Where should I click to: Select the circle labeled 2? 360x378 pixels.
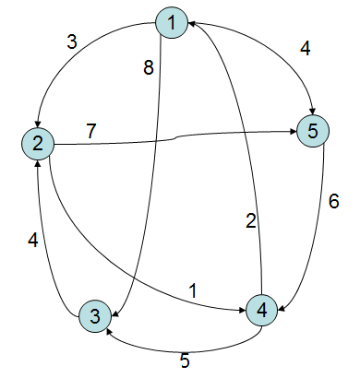pyautogui.click(x=37, y=143)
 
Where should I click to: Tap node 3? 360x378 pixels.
pyautogui.click(x=95, y=316)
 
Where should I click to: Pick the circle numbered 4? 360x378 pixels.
pyautogui.click(x=262, y=310)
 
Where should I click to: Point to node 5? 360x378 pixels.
pyautogui.click(x=313, y=132)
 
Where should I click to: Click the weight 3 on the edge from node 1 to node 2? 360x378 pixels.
pyautogui.click(x=71, y=41)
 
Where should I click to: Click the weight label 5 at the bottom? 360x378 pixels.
pyautogui.click(x=185, y=361)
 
